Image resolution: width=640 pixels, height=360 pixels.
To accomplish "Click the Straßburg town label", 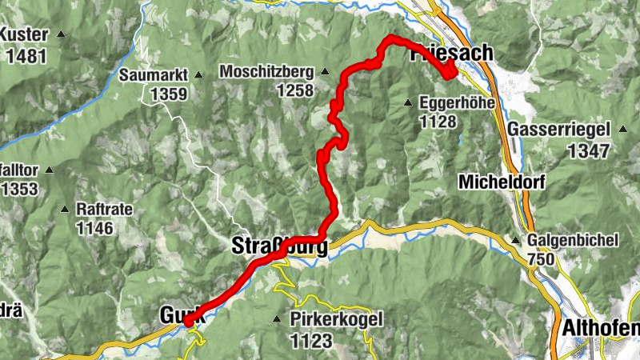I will tap(279, 246).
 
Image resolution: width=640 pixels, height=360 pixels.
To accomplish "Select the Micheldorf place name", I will tap(502, 182).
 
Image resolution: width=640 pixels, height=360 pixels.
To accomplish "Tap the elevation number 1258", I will tap(294, 90).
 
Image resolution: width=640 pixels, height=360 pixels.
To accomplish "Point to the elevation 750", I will tap(543, 259).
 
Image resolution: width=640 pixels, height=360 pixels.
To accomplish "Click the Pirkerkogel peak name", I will tap(337, 320).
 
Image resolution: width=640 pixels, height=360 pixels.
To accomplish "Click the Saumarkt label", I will tap(153, 75).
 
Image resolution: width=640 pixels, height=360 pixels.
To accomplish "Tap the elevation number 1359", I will tap(167, 94).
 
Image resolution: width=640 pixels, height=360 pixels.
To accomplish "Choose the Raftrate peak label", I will tap(103, 208).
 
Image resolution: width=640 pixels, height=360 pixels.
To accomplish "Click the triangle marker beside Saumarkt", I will tap(197, 75).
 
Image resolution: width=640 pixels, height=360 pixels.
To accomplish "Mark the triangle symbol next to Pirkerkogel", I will tap(277, 320).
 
